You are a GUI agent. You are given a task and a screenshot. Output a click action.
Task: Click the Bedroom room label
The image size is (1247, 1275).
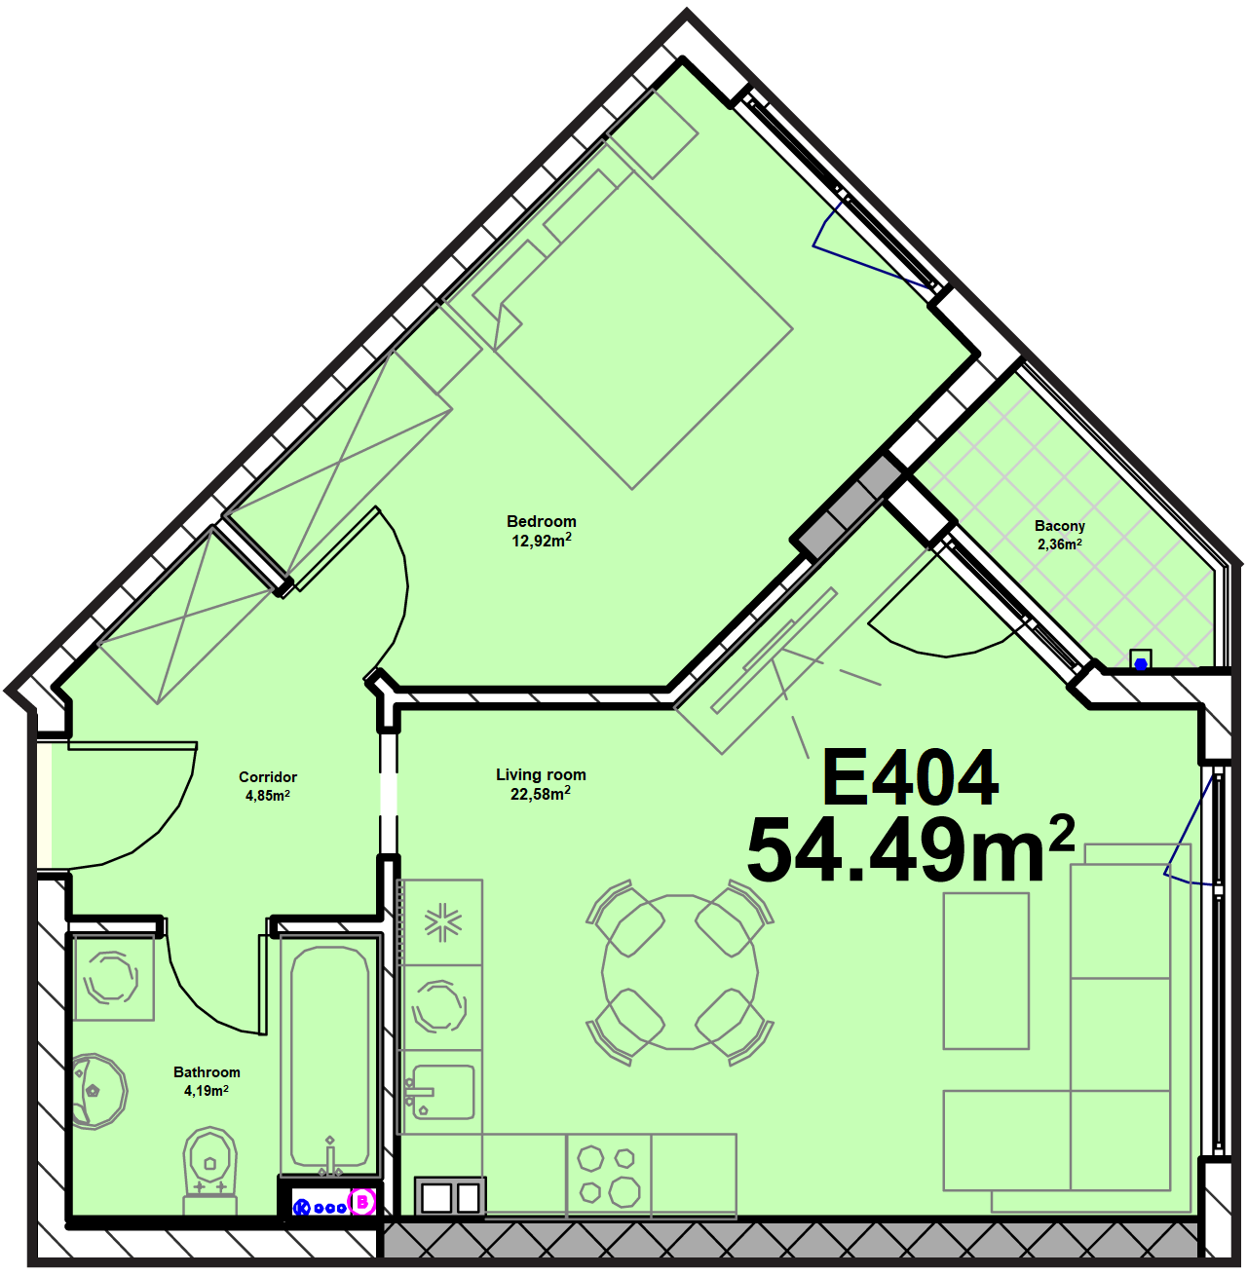tap(542, 521)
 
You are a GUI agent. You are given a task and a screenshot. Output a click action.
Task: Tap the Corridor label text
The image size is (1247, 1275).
tap(268, 777)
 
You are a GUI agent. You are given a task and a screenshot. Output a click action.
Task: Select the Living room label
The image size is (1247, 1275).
tap(541, 775)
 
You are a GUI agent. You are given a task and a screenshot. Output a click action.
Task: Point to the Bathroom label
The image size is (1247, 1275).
tap(207, 1072)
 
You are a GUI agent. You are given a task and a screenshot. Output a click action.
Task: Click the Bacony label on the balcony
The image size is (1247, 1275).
tap(1060, 525)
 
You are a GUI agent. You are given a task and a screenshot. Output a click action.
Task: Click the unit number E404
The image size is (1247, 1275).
tap(910, 778)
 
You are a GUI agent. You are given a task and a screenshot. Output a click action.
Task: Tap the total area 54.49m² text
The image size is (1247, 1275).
tap(911, 850)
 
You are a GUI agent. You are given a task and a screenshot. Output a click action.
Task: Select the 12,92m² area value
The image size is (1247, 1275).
tap(542, 541)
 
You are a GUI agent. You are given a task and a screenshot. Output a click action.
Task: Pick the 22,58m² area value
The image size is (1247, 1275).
tap(541, 794)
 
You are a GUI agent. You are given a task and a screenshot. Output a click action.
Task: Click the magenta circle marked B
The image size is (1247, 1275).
tap(361, 1203)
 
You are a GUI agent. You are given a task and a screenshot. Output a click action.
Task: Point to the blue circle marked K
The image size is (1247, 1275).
tap(301, 1208)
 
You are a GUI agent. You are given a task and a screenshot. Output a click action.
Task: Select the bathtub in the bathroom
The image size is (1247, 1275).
tap(329, 1056)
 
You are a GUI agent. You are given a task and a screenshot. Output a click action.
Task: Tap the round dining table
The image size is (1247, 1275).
tap(680, 973)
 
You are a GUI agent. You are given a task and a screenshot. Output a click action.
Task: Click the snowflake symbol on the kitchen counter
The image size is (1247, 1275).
tap(443, 921)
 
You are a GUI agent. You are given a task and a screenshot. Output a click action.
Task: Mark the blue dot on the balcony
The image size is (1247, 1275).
tap(1141, 664)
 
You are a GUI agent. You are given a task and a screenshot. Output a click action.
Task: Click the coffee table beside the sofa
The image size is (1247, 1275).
tap(986, 971)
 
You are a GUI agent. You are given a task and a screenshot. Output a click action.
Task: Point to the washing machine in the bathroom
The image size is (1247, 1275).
tap(114, 978)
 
